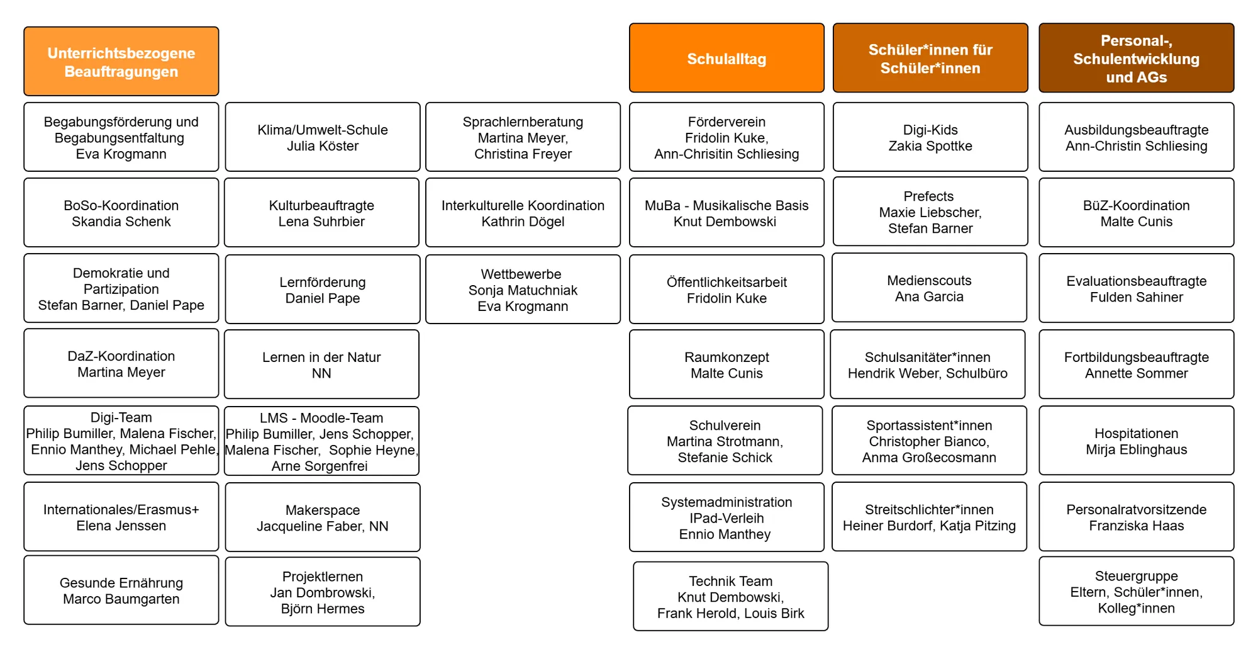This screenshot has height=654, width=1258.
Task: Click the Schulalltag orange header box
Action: pos(726,59)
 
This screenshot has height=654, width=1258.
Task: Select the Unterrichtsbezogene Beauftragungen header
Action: pos(121,62)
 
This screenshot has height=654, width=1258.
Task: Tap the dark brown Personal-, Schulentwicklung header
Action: pos(1136,59)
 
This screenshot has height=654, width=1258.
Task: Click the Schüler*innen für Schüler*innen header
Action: pos(930,59)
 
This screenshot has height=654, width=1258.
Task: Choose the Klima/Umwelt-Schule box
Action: pos(323,137)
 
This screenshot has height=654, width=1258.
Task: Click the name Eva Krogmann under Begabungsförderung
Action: pos(121,154)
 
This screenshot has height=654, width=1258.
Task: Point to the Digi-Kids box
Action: pos(930,137)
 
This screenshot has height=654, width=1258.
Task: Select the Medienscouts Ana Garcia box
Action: pos(929,288)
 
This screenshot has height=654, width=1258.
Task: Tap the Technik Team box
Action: pos(730,597)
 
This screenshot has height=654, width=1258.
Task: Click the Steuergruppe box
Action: pos(1136,592)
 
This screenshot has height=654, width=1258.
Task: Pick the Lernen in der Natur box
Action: pos(321,364)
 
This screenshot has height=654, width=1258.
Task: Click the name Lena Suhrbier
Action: pos(321,222)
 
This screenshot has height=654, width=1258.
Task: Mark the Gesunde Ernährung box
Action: pos(121,590)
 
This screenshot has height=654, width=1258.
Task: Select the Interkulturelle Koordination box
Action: pos(523,213)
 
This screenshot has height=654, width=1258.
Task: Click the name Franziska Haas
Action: pos(1136,526)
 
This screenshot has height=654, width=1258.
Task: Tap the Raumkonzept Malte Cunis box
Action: pos(726,364)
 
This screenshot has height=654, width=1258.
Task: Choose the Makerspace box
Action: pos(323,517)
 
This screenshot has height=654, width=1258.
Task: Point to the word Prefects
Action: pos(928,196)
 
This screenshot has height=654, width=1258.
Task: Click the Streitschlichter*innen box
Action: pos(929,517)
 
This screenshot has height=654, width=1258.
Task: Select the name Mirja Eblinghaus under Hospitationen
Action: pos(1136,449)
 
